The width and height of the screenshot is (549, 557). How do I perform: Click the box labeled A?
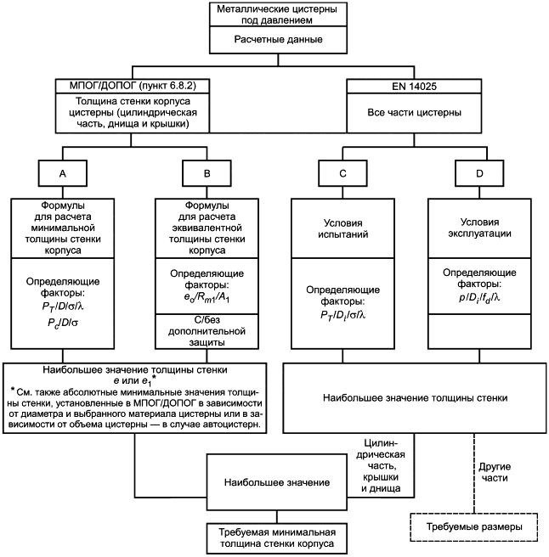pos(63,173)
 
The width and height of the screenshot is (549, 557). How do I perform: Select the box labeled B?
pos(207,173)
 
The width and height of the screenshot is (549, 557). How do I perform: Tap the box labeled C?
pos(342,173)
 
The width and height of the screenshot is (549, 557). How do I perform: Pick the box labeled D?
pos(479,173)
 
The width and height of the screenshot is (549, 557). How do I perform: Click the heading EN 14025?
pos(414,87)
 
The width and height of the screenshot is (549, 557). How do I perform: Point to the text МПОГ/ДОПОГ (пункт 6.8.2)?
pos(133,86)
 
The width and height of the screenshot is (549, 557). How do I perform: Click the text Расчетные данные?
pos(278,39)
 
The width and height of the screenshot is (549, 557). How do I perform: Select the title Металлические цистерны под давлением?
pos(277,14)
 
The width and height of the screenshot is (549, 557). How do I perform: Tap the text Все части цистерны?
pos(414,113)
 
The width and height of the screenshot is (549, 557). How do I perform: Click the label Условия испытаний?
pos(342,228)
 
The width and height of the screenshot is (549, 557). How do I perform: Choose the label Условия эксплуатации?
pos(479,228)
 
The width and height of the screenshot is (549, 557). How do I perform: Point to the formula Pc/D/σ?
pos(63,323)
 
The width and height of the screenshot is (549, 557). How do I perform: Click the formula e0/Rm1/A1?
pos(207,297)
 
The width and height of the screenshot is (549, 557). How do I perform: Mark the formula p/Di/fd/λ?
pos(479,298)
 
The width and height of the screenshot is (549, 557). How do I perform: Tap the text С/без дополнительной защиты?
pos(207,331)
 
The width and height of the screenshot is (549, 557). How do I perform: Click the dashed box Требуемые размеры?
pos(474,527)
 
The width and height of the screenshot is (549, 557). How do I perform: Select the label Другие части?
pos(495,472)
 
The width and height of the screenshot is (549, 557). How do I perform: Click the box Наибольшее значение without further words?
pos(277,482)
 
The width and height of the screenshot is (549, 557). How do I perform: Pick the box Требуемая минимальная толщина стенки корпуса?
pos(277,537)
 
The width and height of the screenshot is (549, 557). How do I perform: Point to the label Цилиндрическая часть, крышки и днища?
pos(381,465)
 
